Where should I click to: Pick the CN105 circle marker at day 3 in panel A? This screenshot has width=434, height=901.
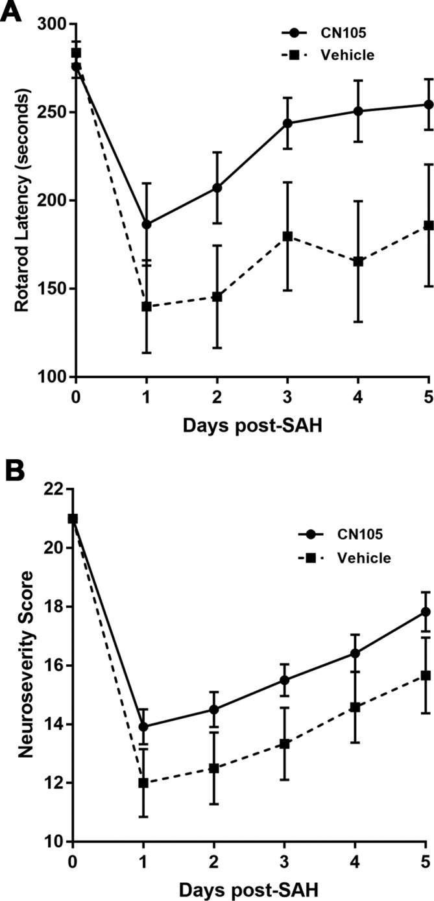coord(288,123)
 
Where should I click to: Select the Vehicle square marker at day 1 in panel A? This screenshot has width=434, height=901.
coord(147,306)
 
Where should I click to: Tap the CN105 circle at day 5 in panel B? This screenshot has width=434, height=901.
coord(426,612)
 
